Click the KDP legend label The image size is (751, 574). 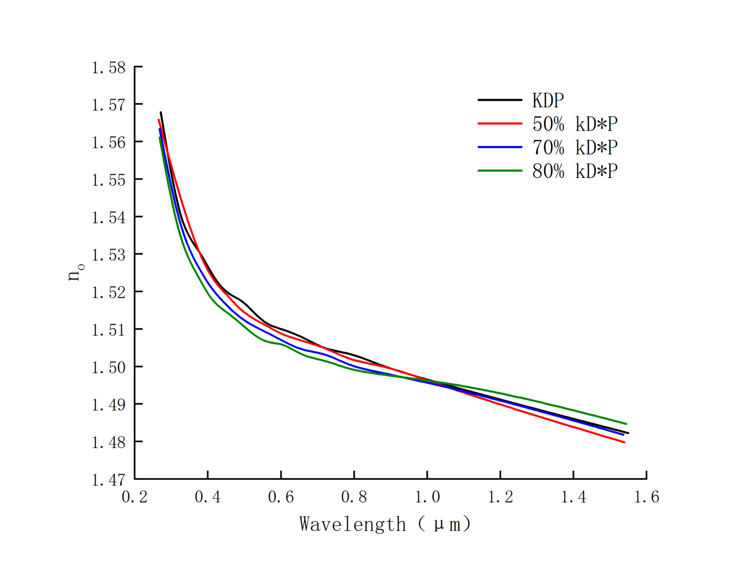pos(548,100)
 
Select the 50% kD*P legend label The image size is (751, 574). pos(574,124)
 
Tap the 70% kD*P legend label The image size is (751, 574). pos(574,147)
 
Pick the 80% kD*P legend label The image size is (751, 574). pos(574,171)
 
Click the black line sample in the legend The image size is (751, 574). pos(500,100)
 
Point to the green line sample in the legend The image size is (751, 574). pos(500,171)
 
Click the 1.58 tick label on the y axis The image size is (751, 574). pos(109,67)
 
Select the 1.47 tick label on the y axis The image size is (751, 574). pos(109,480)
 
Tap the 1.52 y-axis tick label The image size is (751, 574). pos(109,292)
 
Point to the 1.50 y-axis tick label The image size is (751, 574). pos(109,367)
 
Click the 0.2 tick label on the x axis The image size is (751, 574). pos(134,497)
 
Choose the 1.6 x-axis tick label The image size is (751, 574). pos(646,497)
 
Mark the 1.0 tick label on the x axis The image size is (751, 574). pos(427,497)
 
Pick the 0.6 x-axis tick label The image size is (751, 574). pos(281,497)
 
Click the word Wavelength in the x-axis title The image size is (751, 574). pos(353,524)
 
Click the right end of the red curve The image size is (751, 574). pos(624,442)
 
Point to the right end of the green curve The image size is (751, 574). pos(626,424)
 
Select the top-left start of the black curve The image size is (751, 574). pos(161,113)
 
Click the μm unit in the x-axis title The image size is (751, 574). pos(446,525)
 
